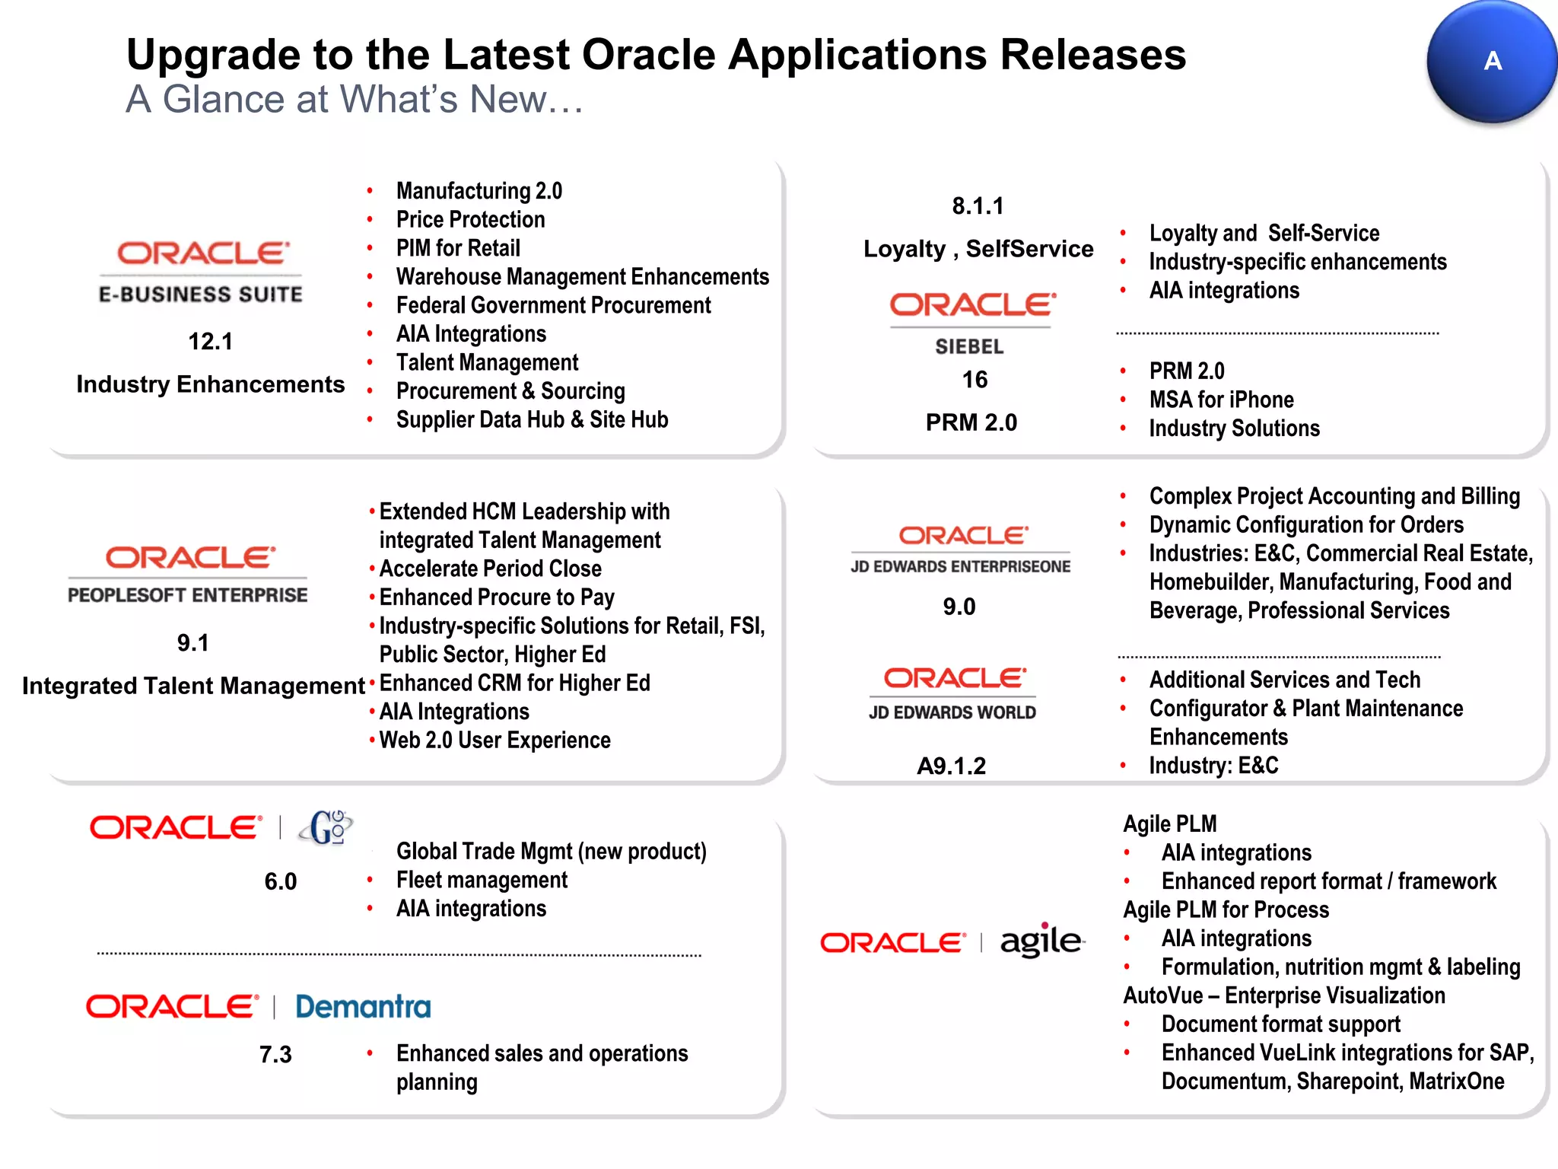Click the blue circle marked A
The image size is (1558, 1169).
(x=1491, y=61)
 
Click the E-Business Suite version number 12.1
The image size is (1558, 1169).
(x=210, y=341)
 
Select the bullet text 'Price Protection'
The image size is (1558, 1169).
(x=470, y=220)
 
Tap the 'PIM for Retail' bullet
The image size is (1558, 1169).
(x=458, y=248)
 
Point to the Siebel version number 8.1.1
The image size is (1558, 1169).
(x=978, y=205)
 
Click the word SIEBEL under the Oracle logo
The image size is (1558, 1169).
(x=969, y=347)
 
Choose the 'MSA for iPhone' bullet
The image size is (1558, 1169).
(x=1221, y=400)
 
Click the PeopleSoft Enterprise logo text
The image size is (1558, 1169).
(x=188, y=595)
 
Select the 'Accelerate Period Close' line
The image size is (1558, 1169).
(x=490, y=569)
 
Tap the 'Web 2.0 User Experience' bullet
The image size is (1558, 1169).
(x=494, y=741)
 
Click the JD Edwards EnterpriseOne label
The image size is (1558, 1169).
(x=960, y=567)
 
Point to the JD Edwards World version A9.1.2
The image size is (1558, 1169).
(x=951, y=766)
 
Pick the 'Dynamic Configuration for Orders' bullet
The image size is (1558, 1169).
(x=1306, y=525)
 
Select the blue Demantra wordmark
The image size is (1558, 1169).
(x=363, y=1007)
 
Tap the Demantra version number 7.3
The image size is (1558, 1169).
(x=275, y=1055)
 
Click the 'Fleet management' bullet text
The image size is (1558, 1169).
(x=482, y=881)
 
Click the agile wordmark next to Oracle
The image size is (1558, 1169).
(x=1041, y=941)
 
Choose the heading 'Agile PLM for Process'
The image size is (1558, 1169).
(x=1226, y=910)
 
